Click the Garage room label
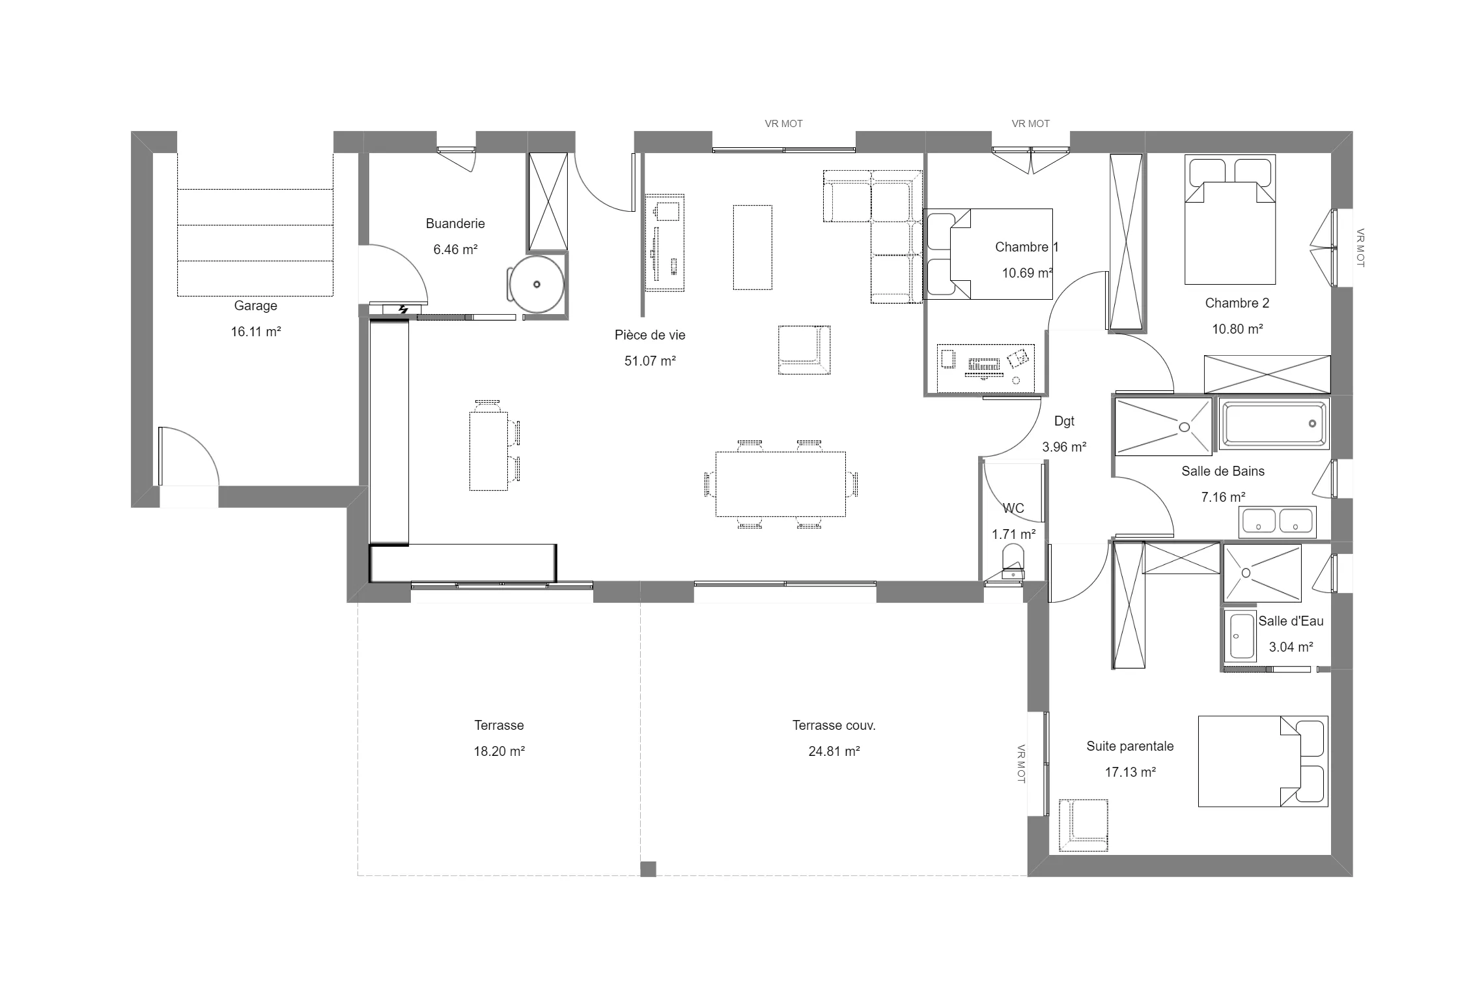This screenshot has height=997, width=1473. coord(255,306)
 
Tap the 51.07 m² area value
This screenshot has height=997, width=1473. coord(649,361)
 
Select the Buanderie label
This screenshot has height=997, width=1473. coord(455,224)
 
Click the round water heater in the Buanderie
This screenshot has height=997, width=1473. coord(537,284)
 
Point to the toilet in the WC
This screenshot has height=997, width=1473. coord(1013,562)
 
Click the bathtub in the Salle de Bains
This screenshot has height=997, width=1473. coord(1274,424)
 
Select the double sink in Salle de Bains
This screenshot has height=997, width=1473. coord(1277,522)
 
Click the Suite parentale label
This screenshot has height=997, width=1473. coord(1130,746)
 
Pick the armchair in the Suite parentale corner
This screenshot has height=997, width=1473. coord(1084,825)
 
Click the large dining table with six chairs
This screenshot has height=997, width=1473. coord(780,484)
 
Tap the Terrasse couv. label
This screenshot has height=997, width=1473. coord(834,725)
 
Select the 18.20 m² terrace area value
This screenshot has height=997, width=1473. coord(499,751)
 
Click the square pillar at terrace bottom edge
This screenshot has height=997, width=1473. coord(648,869)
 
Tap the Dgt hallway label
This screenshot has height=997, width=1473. coord(1064,421)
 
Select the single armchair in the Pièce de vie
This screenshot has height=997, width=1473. coord(804,350)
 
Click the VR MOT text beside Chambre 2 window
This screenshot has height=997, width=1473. coord(1360,248)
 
